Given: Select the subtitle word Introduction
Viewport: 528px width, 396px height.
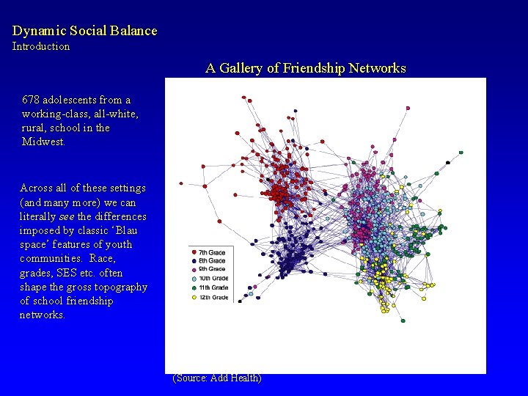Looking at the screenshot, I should [x=41, y=46].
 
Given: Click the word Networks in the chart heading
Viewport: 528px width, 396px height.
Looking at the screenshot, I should [x=377, y=68].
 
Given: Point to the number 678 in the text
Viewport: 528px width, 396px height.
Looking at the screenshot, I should [x=31, y=100].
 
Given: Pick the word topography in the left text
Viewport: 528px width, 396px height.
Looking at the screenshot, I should [x=122, y=287].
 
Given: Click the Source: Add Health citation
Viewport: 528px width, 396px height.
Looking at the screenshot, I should [x=217, y=378].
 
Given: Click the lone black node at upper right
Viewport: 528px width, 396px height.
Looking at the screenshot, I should [x=448, y=162].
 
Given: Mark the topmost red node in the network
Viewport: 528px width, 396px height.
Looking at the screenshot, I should [x=243, y=95].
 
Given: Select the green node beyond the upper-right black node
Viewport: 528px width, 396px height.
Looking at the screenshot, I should [x=461, y=153].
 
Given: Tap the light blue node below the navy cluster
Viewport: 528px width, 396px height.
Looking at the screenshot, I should [x=250, y=295].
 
